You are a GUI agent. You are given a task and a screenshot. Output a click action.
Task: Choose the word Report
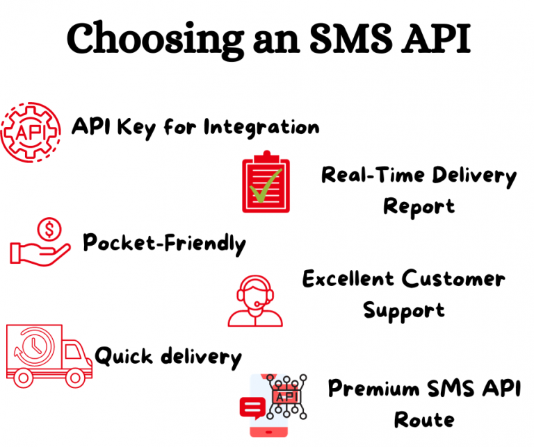click(x=419, y=206)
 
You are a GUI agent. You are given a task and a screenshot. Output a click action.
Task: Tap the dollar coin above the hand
click(x=51, y=227)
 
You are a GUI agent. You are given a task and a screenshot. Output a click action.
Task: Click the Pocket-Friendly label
click(x=164, y=244)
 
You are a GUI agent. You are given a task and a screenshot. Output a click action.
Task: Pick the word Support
click(x=403, y=310)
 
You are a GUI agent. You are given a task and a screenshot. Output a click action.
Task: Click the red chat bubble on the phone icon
click(x=250, y=407)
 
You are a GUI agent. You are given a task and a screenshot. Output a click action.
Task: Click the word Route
click(x=423, y=419)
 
